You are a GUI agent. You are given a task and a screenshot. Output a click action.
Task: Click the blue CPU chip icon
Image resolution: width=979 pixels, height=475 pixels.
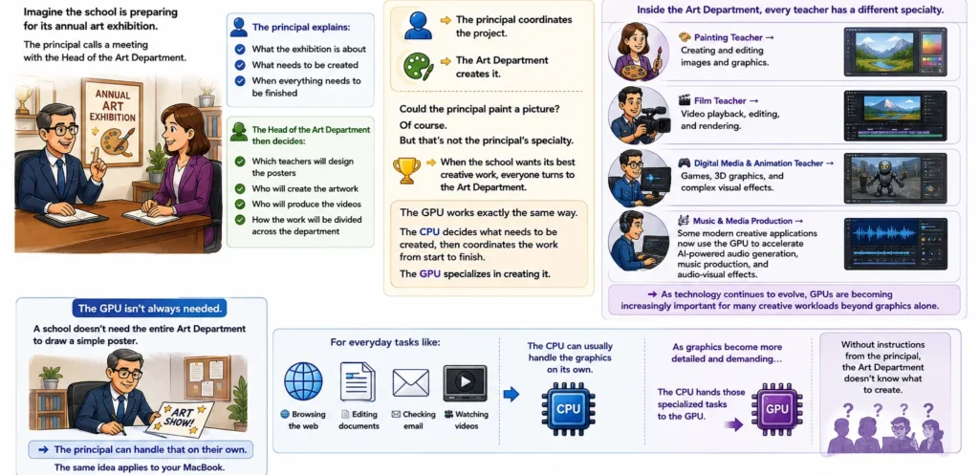[568, 408]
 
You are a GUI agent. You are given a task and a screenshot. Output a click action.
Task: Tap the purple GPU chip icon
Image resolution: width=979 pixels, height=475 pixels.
[776, 409]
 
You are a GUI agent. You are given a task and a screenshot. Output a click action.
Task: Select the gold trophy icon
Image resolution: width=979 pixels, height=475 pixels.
[406, 170]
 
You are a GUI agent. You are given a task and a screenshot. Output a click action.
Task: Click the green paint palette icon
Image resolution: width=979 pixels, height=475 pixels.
[419, 67]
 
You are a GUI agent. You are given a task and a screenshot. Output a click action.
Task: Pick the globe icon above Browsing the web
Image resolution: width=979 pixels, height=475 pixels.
[303, 381]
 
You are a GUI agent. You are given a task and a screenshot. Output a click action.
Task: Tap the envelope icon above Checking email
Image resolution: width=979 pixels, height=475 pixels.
[411, 382]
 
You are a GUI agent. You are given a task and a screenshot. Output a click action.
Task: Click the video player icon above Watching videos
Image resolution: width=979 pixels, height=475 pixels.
[465, 382]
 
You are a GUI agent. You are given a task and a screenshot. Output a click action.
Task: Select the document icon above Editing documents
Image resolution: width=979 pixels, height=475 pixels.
[358, 381]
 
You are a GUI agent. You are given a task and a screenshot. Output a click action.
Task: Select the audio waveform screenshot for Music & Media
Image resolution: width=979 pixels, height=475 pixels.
[895, 244]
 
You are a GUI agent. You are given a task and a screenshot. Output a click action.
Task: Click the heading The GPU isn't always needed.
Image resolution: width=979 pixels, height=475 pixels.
[149, 309]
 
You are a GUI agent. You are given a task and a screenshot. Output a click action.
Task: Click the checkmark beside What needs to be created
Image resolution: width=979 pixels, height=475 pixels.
[240, 65]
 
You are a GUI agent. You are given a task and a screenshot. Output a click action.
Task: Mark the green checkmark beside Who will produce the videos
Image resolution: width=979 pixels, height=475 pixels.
[240, 205]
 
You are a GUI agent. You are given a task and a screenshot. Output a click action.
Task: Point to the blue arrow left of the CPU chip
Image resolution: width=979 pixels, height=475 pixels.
[511, 394]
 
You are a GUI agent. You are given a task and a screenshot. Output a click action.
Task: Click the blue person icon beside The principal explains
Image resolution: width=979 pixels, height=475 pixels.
[238, 27]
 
